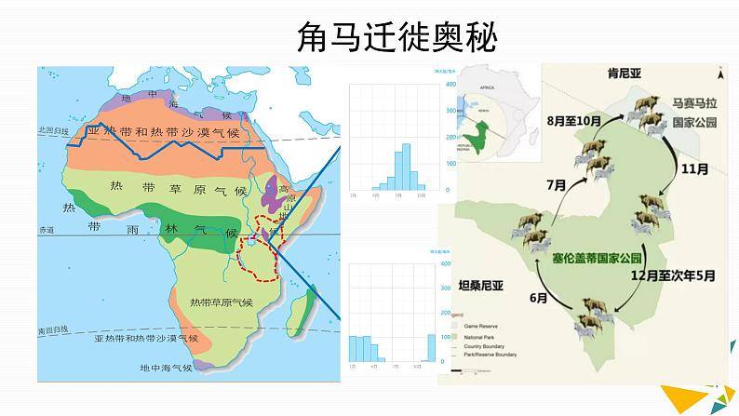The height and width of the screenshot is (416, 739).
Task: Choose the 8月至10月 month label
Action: coord(573,120)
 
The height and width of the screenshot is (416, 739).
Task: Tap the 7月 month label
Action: coord(557,185)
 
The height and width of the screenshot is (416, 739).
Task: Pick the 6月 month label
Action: coord(538,298)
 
